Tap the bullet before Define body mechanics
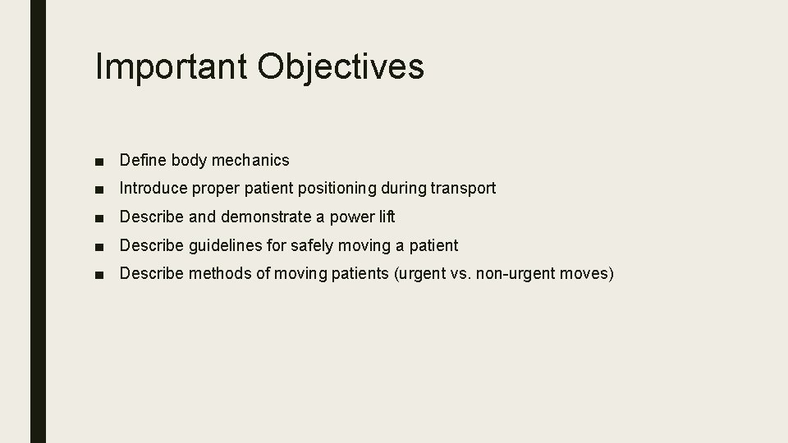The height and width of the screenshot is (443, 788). [99, 161]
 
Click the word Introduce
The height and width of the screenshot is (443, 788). [153, 188]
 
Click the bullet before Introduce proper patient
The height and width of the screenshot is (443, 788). [99, 189]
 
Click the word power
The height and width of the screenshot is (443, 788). [350, 217]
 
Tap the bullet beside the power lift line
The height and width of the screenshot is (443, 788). [99, 217]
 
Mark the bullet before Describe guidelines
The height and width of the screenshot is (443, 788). [99, 246]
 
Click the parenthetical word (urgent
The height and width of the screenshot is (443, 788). [420, 272]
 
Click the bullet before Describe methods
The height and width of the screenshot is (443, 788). [99, 274]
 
